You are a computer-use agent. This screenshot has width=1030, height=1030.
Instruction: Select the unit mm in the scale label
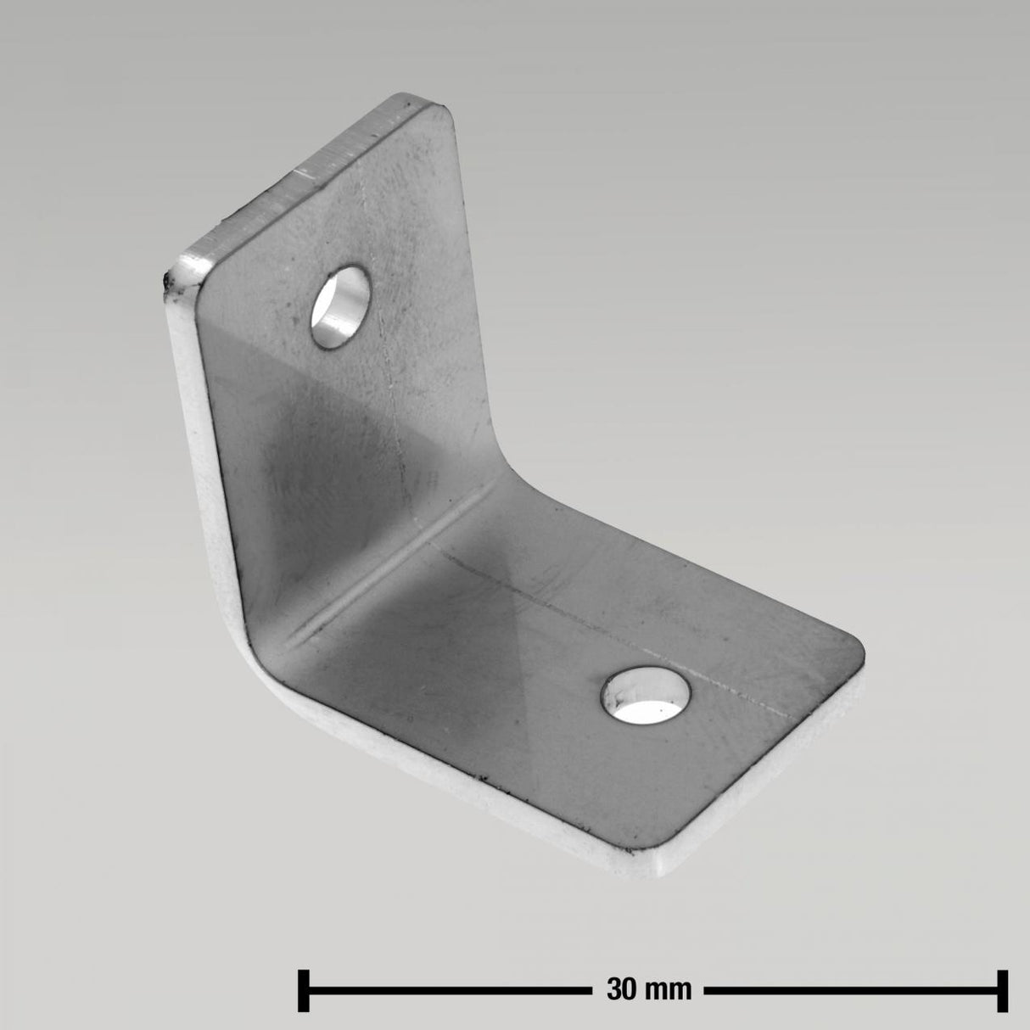[670, 989]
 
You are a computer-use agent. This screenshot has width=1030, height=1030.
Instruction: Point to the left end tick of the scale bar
[302, 989]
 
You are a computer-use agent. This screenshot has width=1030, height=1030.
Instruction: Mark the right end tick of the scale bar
[1004, 989]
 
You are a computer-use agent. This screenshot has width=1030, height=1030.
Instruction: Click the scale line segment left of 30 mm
[450, 989]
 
